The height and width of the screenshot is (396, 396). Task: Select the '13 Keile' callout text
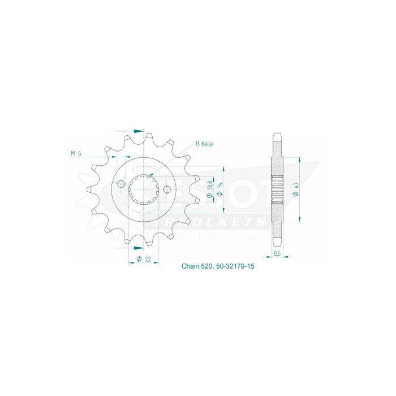[204, 145]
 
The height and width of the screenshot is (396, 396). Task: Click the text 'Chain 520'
[196, 266]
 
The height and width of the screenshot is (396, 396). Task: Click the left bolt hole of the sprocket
[121, 184]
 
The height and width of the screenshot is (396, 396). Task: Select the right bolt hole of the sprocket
[167, 190]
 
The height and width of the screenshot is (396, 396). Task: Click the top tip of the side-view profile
[277, 135]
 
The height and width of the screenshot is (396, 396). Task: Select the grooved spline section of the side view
[277, 190]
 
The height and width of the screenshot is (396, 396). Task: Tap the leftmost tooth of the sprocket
[90, 190]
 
